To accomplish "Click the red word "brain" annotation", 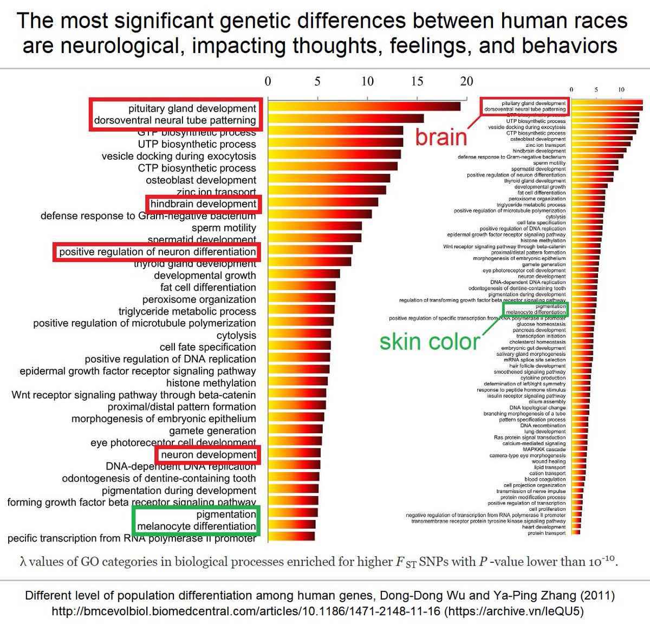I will pyautogui.click(x=441, y=138).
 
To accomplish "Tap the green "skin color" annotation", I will pyautogui.click(x=429, y=342).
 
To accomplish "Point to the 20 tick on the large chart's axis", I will pyautogui.click(x=466, y=81).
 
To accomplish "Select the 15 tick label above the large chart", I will pyautogui.click(x=417, y=81).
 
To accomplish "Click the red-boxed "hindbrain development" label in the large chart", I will pyautogui.click(x=203, y=204).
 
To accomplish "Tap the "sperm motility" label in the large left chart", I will pyautogui.click(x=223, y=228).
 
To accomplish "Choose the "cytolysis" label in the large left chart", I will pyautogui.click(x=236, y=335).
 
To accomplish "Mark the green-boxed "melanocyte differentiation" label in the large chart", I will pyautogui.click(x=196, y=526).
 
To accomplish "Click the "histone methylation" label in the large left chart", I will pyautogui.click(x=211, y=383).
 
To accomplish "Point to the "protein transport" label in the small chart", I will pyautogui.click(x=547, y=533).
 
